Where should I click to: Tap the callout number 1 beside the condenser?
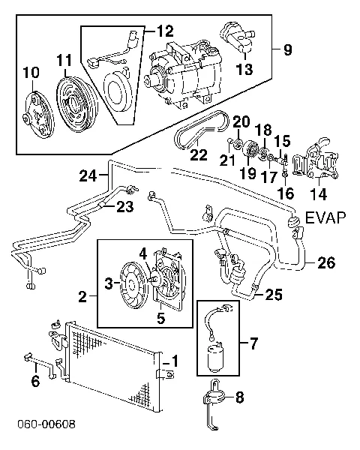tap(174, 361)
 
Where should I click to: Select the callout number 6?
tap(34, 382)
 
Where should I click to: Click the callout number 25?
tap(274, 295)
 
